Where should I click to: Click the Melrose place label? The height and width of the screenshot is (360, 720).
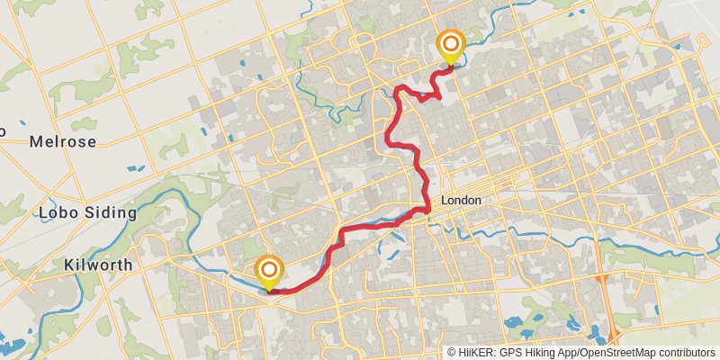(x=62, y=141)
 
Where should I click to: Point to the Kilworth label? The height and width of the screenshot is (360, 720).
(x=99, y=265)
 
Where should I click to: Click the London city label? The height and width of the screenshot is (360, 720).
(x=461, y=201)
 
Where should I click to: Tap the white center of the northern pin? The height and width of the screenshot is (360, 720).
(x=450, y=43)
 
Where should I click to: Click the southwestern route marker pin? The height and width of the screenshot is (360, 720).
(x=269, y=270)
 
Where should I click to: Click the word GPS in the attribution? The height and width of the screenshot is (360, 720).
(x=510, y=353)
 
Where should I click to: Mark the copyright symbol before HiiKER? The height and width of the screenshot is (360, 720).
(x=452, y=353)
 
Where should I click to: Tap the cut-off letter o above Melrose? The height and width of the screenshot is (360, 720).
(x=3, y=131)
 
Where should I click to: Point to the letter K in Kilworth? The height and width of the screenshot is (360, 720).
(x=70, y=265)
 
